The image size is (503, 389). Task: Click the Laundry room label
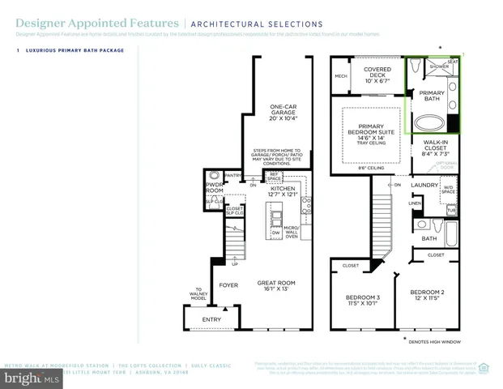pos(424,185)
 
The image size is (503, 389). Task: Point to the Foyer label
pos(226,285)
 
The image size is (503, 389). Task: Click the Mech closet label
pos(341,76)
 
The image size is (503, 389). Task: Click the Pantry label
pos(233,175)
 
